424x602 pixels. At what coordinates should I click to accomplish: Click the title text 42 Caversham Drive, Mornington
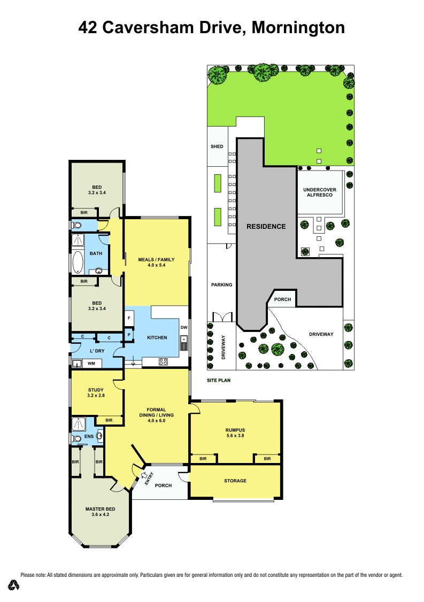212,27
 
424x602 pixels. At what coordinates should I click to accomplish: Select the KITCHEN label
157,337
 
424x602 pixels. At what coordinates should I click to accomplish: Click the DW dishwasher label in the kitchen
183,327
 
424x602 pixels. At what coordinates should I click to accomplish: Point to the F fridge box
129,319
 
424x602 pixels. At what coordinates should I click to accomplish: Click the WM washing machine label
91,364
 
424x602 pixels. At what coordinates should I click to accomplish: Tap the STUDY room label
96,393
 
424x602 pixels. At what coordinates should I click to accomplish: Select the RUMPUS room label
235,432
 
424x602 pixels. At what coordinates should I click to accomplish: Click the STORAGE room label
235,481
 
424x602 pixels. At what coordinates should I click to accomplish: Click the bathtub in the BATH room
78,262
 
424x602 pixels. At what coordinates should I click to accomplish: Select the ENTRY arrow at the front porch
145,476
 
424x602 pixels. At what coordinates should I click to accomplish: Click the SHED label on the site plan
217,146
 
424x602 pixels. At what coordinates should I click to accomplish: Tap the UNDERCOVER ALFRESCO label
319,192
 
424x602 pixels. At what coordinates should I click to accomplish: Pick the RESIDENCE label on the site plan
266,226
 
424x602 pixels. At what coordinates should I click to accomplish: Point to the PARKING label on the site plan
221,284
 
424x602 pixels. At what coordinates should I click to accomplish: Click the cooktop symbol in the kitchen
163,362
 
